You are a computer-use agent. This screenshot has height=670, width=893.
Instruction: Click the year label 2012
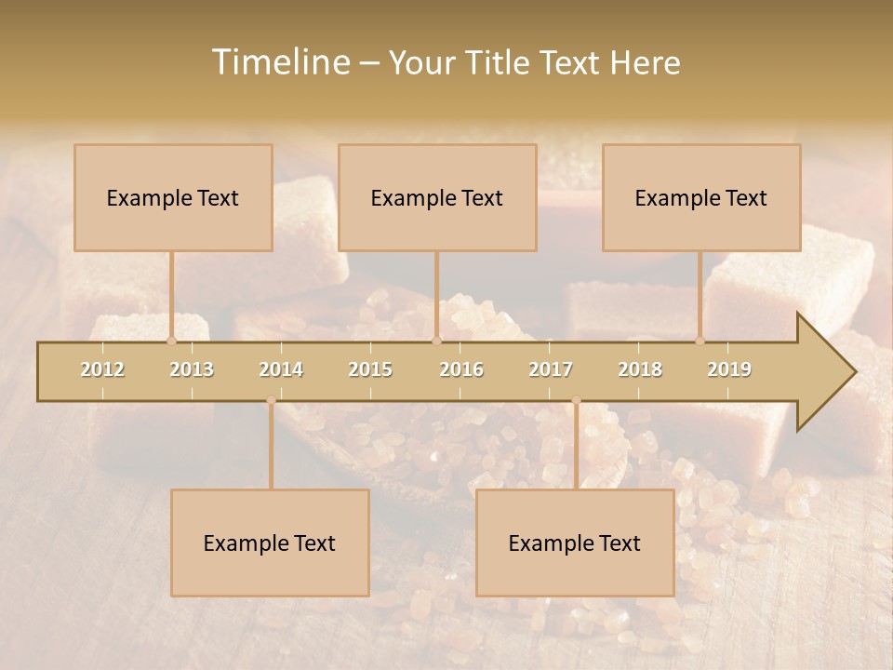point(102,369)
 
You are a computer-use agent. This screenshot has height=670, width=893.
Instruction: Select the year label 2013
point(192,369)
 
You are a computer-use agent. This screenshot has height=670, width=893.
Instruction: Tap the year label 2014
point(281,369)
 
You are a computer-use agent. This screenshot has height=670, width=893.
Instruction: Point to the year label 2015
point(370,369)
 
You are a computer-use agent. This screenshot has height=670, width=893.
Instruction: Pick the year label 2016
point(461,369)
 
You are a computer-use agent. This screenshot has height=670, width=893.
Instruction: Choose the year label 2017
point(551,369)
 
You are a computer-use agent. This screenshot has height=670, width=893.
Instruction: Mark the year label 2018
point(640,369)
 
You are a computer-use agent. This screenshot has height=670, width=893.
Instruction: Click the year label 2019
point(729,369)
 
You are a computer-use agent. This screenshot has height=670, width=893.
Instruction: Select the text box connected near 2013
point(173,197)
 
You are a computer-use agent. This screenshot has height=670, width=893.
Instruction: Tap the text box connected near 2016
point(437,197)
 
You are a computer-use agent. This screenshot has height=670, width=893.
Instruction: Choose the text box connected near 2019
point(701,197)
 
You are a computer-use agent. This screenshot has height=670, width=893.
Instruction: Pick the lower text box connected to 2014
point(270,543)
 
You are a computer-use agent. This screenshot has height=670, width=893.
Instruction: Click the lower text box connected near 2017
point(575,543)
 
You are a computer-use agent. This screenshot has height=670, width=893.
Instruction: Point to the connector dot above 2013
point(171,341)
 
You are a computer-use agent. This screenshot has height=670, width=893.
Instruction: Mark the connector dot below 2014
point(271,400)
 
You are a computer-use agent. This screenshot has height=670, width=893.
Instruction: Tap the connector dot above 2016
point(436,341)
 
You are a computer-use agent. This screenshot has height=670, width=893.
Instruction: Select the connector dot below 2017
point(576,400)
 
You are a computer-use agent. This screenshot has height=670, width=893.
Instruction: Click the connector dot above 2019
point(700,341)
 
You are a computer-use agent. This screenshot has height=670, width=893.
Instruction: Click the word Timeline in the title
point(279,62)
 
